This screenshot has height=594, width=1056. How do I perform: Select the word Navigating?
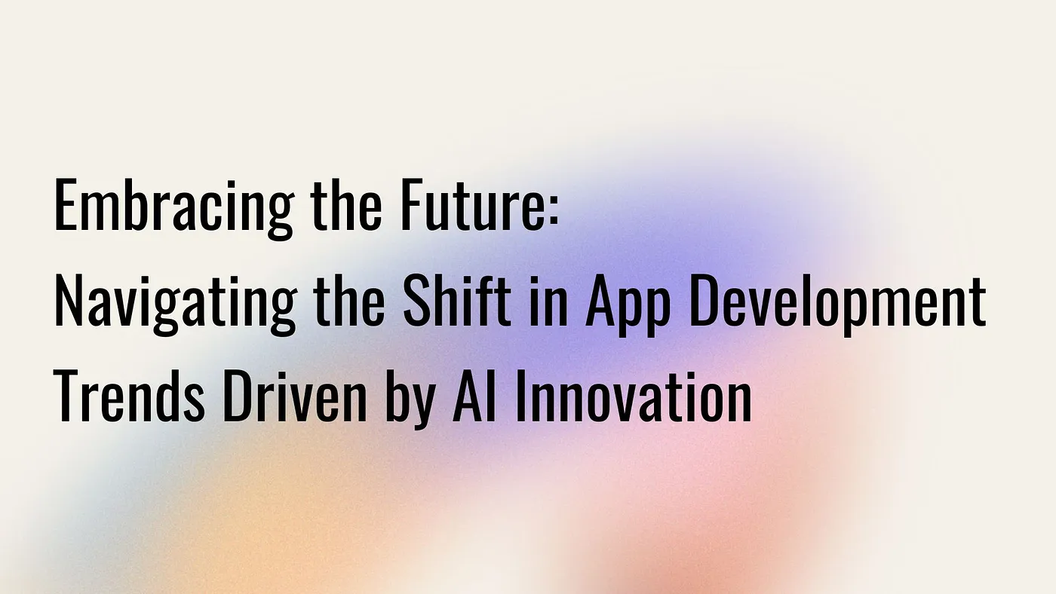175,305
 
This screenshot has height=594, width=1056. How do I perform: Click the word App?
628,305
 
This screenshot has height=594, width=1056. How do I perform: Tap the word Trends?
129,396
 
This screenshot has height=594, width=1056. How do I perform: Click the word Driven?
294,396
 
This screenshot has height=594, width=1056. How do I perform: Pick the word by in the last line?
409,400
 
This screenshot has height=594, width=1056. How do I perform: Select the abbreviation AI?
474,396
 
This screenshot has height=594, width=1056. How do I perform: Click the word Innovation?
634,396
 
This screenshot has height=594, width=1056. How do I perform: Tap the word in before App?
548,302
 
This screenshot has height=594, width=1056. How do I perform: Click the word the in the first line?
346,205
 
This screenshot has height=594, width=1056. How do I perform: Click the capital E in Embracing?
66,205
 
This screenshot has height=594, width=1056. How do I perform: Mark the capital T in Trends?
66,396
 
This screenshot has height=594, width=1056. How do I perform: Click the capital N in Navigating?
69,301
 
